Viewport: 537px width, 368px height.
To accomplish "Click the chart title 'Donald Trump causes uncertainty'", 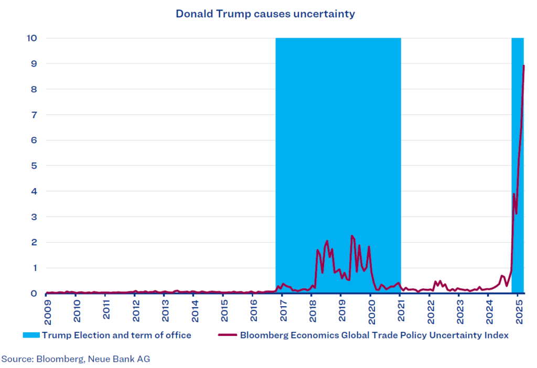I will (x=265, y=14).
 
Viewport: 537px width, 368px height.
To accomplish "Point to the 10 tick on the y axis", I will (x=31, y=38).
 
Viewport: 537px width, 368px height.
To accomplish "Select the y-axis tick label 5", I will (x=34, y=166).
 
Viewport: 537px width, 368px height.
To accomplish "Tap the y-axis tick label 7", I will (x=34, y=115).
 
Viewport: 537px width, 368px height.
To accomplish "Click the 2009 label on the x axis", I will (x=47, y=310).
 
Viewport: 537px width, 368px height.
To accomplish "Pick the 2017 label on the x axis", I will (x=282, y=310).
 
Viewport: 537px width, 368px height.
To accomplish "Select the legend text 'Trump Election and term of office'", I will (x=117, y=335).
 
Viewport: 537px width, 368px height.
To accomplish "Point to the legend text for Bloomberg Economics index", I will (x=374, y=335).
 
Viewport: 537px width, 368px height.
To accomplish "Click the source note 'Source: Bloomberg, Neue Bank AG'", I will (x=76, y=359).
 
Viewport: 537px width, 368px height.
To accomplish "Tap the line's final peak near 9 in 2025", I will (x=524, y=66).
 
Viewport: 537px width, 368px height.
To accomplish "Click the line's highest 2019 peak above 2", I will (x=351, y=236).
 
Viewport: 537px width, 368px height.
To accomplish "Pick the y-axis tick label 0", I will (x=34, y=294).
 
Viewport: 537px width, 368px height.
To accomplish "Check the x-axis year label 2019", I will (x=341, y=310).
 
